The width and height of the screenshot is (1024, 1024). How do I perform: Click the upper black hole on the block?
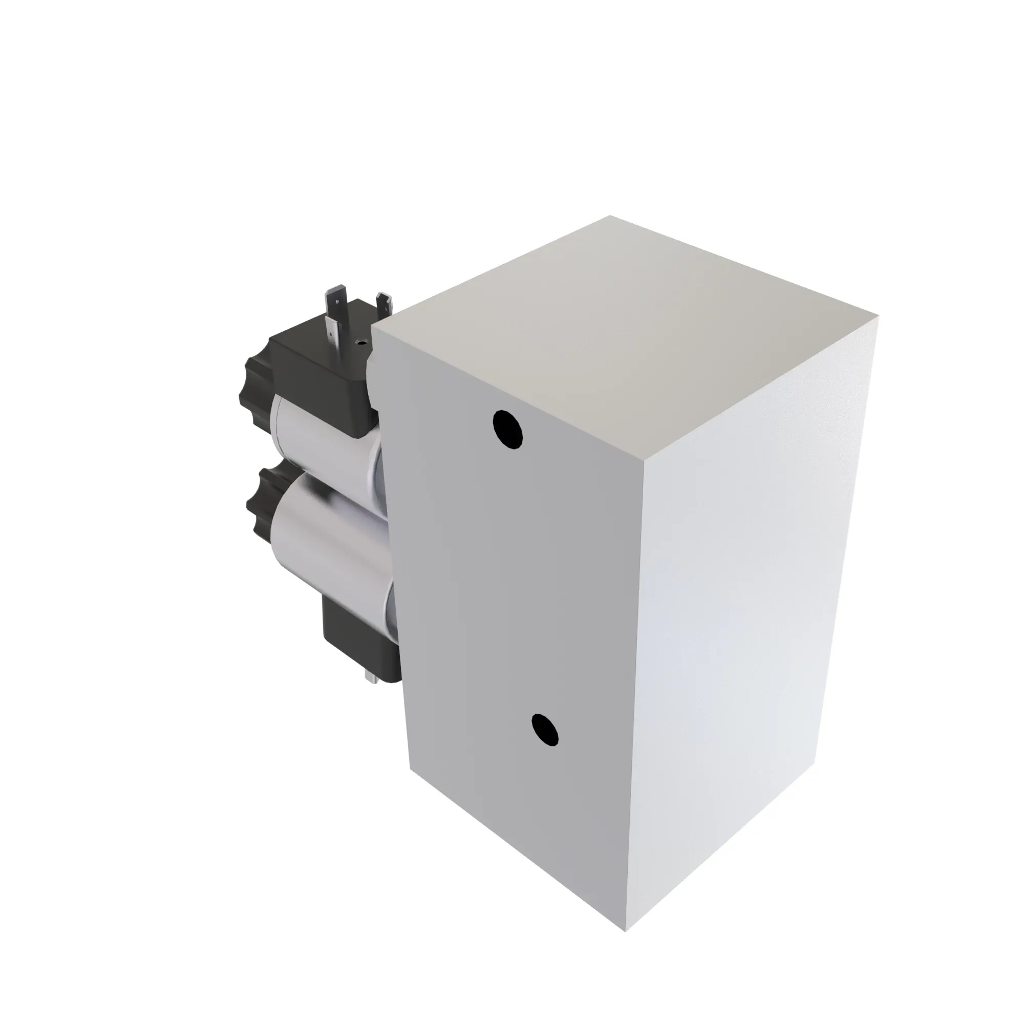pyautogui.click(x=508, y=429)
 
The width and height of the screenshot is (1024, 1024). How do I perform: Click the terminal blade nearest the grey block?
pyautogui.click(x=385, y=307)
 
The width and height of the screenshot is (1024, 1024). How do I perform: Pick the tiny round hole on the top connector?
pyautogui.click(x=362, y=343)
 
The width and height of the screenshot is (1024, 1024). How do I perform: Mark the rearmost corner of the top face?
pyautogui.click(x=609, y=216)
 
